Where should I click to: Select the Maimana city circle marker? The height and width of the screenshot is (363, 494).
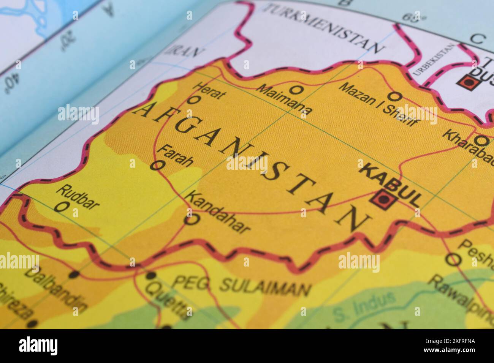(x=295, y=90)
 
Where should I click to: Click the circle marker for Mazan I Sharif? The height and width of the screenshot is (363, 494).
(x=395, y=95)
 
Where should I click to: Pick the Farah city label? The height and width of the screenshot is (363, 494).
(x=175, y=155)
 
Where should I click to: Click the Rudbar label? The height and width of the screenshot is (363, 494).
(x=78, y=197)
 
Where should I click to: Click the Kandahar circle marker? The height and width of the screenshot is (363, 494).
(x=192, y=219)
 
